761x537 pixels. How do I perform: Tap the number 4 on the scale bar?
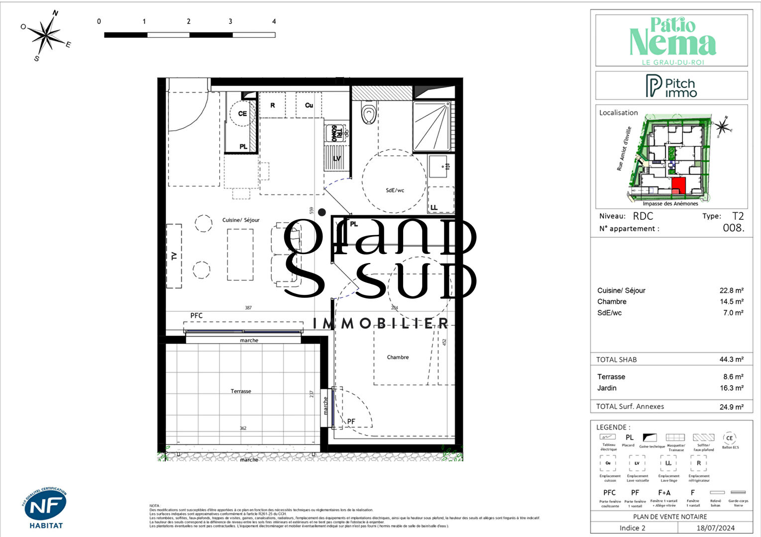pos(274,21)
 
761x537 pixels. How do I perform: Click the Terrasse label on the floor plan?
pos(241,391)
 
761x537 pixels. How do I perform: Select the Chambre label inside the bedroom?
pos(398,357)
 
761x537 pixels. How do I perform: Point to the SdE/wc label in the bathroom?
pos(395,190)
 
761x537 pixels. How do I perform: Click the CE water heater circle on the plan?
pos(242,114)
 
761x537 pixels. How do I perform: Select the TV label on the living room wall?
pos(174,256)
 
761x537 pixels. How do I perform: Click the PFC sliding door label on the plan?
pos(197,316)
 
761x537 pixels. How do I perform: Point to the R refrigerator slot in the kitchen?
pos(272,105)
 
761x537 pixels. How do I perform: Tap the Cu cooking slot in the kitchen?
pos(309,105)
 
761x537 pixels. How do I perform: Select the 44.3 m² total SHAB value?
pos(731,359)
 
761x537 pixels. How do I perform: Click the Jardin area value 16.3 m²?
pos(731,388)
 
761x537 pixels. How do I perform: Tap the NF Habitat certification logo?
pos(45,508)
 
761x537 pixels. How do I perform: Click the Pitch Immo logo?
pos(671,86)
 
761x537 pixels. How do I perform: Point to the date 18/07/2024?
pos(715,528)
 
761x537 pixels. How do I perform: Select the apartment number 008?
pos(733,228)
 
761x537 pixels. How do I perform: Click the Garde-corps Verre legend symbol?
pos(738,492)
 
